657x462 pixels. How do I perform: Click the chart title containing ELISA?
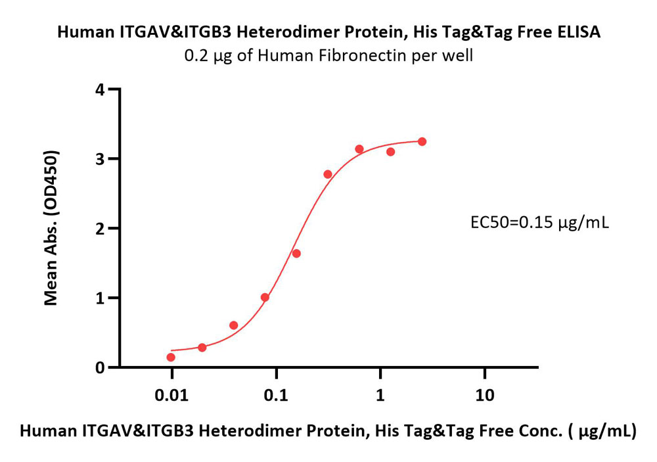tap(328, 32)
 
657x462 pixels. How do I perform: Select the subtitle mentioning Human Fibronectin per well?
tap(328, 55)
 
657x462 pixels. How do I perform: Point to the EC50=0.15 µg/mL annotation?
tap(539, 223)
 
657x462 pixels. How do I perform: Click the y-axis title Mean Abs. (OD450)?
tap(51, 227)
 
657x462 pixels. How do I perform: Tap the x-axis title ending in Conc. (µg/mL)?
tap(328, 431)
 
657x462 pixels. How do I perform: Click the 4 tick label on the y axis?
tap(100, 89)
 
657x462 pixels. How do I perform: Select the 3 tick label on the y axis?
tap(100, 159)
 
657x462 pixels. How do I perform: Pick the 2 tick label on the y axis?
tap(100, 229)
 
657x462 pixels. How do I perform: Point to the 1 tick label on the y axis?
tap(100, 298)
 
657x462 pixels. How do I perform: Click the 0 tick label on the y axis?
tap(100, 367)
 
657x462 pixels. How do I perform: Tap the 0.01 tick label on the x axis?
tap(171, 395)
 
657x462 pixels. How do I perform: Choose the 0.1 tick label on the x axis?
tap(276, 395)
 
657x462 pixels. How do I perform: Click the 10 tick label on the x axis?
tap(485, 395)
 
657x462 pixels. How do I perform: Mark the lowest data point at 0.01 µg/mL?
tap(171, 358)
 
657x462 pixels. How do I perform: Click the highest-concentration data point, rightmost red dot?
tap(422, 142)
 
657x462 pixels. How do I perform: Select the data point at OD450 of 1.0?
tap(265, 298)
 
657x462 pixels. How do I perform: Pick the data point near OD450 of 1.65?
tap(296, 254)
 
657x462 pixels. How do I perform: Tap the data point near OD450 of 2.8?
tap(328, 174)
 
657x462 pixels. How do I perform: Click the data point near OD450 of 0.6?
tap(234, 325)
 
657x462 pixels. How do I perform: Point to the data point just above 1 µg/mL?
tap(390, 152)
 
